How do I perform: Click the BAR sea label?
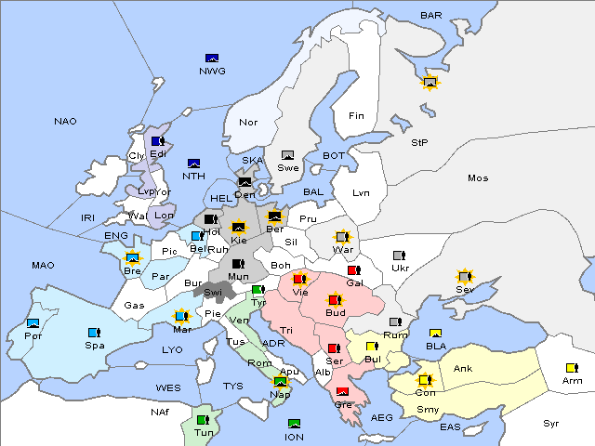click(431, 16)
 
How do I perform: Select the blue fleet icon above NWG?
click(212, 58)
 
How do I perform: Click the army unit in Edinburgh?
click(158, 141)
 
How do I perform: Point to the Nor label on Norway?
click(248, 122)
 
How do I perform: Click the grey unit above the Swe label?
click(288, 155)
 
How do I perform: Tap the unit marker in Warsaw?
click(342, 237)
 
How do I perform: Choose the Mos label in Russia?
click(478, 177)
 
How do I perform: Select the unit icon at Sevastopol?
click(464, 277)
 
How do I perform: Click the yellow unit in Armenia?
click(571, 368)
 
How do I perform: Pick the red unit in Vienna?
click(299, 278)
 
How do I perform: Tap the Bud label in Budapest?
click(335, 313)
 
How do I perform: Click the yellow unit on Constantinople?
click(423, 380)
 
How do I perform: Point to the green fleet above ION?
click(294, 424)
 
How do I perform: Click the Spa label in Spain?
click(94, 345)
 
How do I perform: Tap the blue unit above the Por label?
click(33, 323)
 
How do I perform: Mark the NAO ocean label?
click(65, 122)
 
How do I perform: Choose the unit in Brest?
click(132, 258)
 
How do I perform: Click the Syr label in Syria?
click(552, 423)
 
